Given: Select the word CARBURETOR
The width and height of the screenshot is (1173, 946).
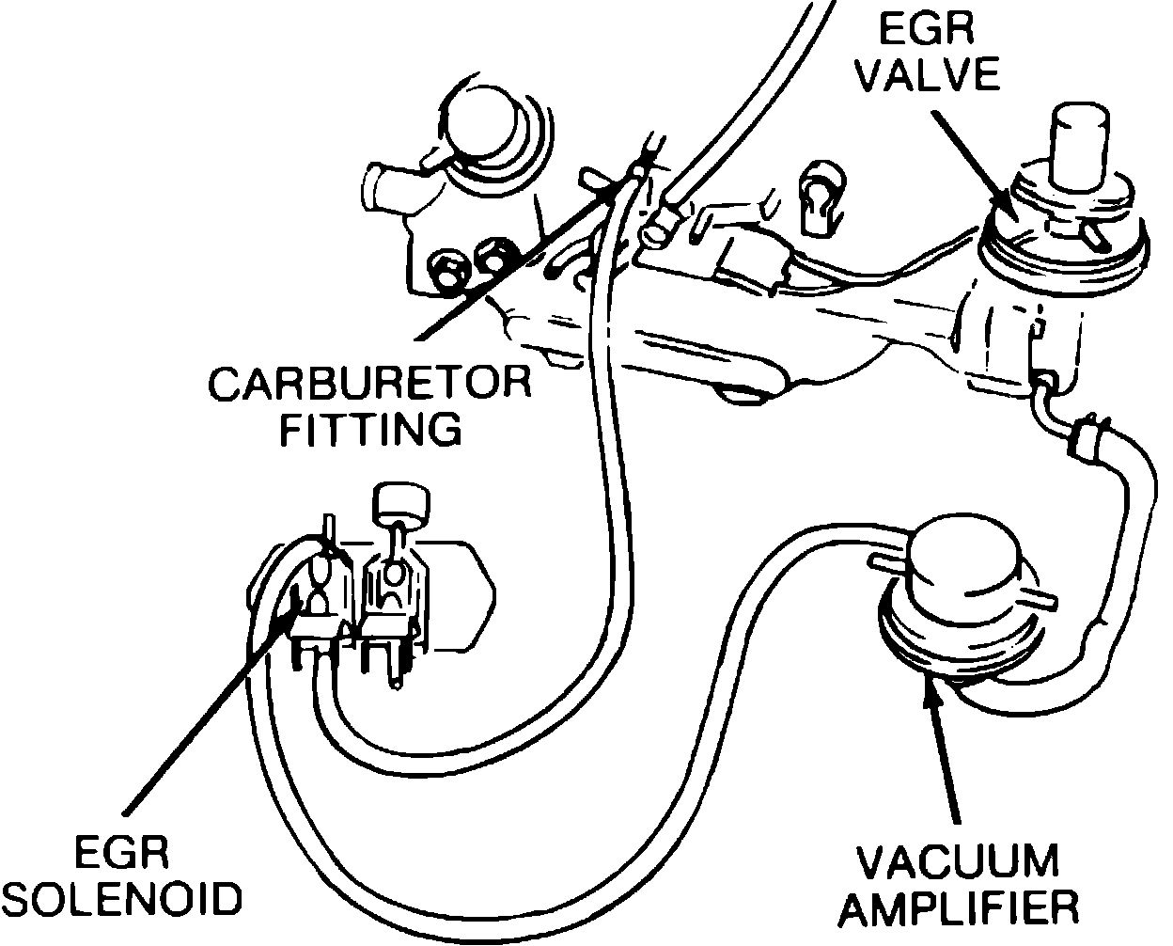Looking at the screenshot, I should (x=369, y=385).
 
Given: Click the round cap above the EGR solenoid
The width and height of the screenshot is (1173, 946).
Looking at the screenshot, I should (x=401, y=503).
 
